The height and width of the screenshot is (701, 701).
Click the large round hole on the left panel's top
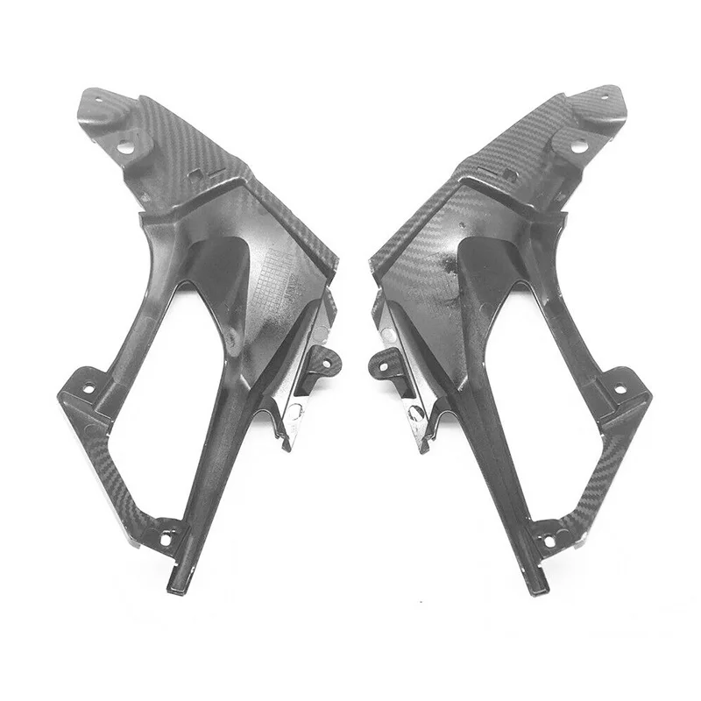(124, 147)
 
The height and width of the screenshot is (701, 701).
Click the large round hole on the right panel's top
(579, 147)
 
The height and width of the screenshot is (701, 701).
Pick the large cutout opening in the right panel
(535, 350)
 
